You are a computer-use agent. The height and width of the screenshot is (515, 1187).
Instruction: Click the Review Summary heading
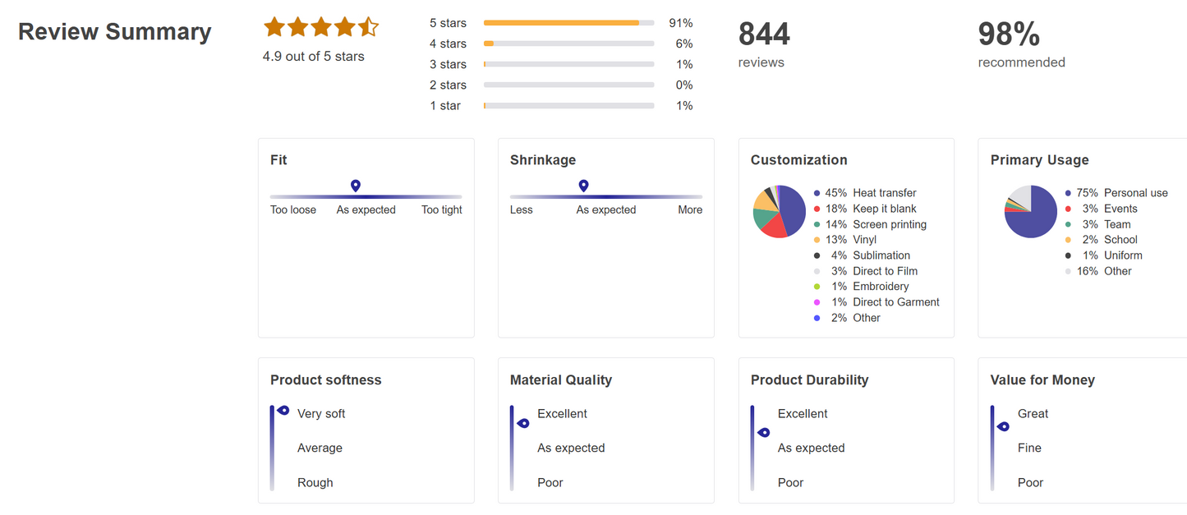pos(115,32)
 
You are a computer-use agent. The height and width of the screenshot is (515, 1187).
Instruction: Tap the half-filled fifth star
pos(368,27)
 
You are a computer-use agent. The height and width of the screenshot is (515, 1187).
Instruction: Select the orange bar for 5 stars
pos(561,23)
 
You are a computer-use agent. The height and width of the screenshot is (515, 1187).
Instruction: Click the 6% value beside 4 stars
pos(683,44)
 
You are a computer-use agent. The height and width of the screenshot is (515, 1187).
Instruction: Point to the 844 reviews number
pos(764,34)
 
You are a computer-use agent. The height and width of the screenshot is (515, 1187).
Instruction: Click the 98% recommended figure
pos(1009,34)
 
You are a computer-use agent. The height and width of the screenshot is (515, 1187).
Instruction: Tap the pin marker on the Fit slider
pos(356,186)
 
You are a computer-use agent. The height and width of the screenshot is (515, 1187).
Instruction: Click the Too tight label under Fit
pos(441,210)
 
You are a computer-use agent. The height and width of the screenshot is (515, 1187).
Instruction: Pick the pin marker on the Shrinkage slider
pos(583,186)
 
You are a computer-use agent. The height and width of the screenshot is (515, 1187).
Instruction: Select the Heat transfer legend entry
pos(884,193)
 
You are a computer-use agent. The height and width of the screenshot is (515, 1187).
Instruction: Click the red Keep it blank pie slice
pos(772,227)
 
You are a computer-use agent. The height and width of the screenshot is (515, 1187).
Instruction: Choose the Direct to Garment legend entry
pos(895,302)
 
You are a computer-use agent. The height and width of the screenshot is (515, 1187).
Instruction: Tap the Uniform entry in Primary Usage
pos(1123,255)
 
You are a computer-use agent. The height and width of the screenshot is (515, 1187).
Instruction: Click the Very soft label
pos(321,414)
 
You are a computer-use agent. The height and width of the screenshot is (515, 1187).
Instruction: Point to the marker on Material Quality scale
pos(522,424)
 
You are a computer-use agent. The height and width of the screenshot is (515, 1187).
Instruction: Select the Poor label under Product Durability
pos(790,483)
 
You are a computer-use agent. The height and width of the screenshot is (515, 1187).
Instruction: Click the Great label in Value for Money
pos(1033,414)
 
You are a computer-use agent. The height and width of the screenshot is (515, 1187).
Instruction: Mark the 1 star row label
pos(445,106)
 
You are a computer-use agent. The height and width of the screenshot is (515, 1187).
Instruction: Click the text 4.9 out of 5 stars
pos(313,57)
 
